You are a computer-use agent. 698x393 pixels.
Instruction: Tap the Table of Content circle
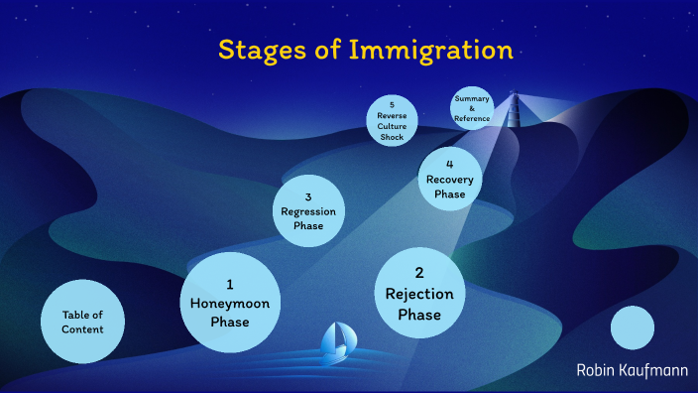[x=83, y=322]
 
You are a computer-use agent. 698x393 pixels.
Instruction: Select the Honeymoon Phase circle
[x=230, y=303]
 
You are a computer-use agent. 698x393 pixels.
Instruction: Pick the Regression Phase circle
[x=308, y=210]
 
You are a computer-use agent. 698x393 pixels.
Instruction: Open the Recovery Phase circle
[x=450, y=180]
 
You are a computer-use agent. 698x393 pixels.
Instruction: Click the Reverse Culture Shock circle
[x=393, y=120]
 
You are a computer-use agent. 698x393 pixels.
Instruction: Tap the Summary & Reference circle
[x=472, y=109]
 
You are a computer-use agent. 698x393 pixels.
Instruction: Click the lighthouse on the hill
[x=514, y=108]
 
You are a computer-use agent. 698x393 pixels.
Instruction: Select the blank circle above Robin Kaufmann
[x=633, y=327]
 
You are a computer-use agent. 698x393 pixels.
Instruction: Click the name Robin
[x=598, y=370]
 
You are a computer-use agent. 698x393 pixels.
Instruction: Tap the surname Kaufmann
[x=654, y=370]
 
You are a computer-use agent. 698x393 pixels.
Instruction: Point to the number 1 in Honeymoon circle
[x=230, y=284]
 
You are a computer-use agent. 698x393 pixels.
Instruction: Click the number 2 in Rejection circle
[x=419, y=272]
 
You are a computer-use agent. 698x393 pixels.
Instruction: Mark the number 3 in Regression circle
[x=308, y=196]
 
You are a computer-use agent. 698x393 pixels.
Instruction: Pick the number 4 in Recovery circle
[x=450, y=165]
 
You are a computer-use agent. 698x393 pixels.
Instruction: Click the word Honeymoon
[x=230, y=303]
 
